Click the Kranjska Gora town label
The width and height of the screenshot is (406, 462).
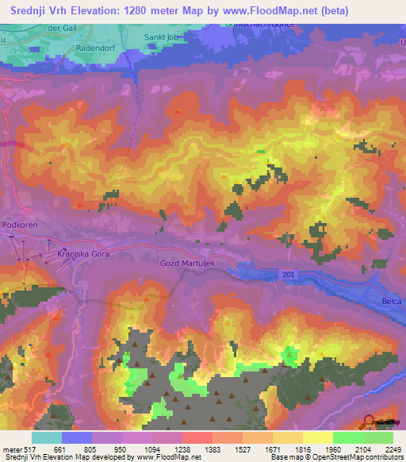point(82,253)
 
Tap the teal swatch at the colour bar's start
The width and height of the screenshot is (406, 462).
point(47,437)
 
